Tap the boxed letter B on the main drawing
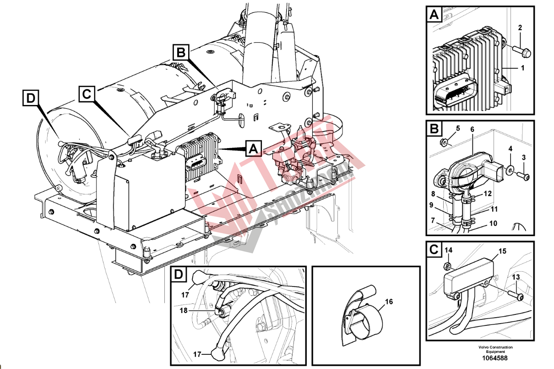coord(180,53)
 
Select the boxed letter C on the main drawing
coord(87,94)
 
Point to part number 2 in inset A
coord(520,28)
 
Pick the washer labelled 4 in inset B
coord(510,172)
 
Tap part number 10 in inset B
coord(493,224)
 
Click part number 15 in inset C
coord(502,251)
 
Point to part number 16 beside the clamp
coord(389,302)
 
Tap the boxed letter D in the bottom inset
coord(179,275)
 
